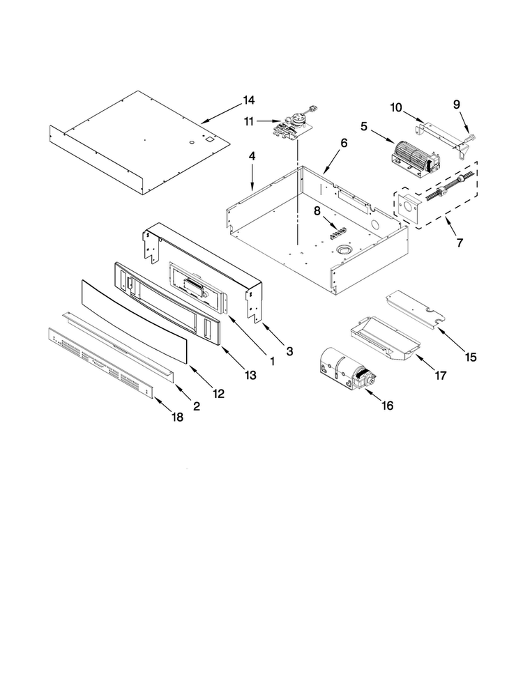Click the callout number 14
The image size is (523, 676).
click(x=248, y=100)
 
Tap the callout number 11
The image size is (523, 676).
click(x=248, y=122)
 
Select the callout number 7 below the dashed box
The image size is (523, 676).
click(x=460, y=243)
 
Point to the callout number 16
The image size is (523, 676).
click(x=388, y=406)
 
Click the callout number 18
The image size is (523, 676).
click(x=177, y=417)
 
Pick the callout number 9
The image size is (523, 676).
click(x=457, y=105)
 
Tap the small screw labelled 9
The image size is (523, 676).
click(x=471, y=139)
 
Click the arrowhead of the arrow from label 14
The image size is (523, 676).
click(x=204, y=122)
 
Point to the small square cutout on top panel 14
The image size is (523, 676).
click(x=209, y=139)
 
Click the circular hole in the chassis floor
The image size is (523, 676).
click(x=344, y=249)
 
